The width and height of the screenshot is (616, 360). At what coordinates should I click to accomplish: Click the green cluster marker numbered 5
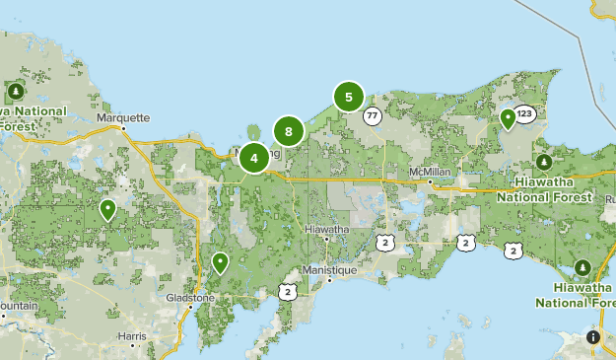(x=349, y=97)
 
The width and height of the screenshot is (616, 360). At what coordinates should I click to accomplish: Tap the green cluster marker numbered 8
(x=288, y=130)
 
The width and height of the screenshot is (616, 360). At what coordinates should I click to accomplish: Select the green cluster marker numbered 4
(x=254, y=157)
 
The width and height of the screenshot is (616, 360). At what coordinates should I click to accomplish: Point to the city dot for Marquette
(x=123, y=128)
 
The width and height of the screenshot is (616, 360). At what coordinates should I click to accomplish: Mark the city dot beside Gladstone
(x=191, y=308)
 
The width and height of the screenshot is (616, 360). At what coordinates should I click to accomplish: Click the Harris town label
(x=131, y=336)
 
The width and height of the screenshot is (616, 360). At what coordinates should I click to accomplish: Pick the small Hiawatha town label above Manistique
(x=327, y=229)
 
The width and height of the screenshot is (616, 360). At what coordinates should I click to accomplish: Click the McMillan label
(x=430, y=172)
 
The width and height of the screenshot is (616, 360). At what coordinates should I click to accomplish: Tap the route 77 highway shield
(x=372, y=115)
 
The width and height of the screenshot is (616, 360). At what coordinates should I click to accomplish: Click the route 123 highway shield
(x=524, y=113)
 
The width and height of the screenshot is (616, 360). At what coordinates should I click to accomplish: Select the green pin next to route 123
(x=508, y=118)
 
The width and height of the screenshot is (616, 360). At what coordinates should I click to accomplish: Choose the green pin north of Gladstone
(x=220, y=262)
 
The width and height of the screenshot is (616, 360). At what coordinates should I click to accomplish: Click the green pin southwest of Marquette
(x=107, y=208)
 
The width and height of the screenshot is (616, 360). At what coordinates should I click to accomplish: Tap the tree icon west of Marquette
(x=15, y=92)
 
